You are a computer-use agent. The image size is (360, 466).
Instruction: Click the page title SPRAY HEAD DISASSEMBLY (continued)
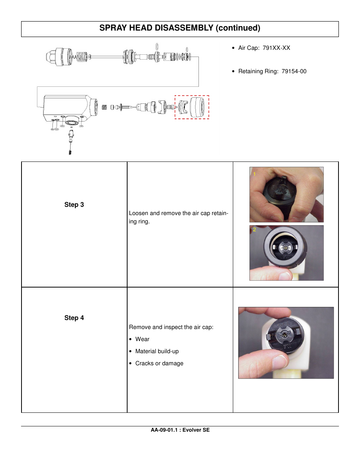(180, 28)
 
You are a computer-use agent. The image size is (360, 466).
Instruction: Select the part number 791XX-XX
(276, 48)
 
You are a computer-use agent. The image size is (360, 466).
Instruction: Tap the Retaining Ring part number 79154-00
(294, 71)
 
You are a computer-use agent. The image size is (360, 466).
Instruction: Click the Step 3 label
(74, 205)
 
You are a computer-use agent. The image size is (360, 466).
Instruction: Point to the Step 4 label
(74, 318)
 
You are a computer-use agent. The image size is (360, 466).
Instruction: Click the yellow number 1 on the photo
(254, 174)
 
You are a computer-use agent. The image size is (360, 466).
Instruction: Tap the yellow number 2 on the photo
(254, 229)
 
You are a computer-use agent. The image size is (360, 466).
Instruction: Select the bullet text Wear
(142, 339)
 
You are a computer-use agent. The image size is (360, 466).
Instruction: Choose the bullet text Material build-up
(157, 351)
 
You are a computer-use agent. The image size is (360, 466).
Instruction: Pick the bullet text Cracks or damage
(159, 363)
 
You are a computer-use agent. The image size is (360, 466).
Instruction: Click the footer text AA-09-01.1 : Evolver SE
(180, 430)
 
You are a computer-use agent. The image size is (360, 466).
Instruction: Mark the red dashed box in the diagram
(192, 96)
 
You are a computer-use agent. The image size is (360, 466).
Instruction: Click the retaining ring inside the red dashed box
(199, 107)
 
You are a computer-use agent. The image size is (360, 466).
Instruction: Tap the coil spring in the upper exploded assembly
(82, 57)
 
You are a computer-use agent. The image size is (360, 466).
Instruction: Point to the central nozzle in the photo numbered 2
(285, 248)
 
